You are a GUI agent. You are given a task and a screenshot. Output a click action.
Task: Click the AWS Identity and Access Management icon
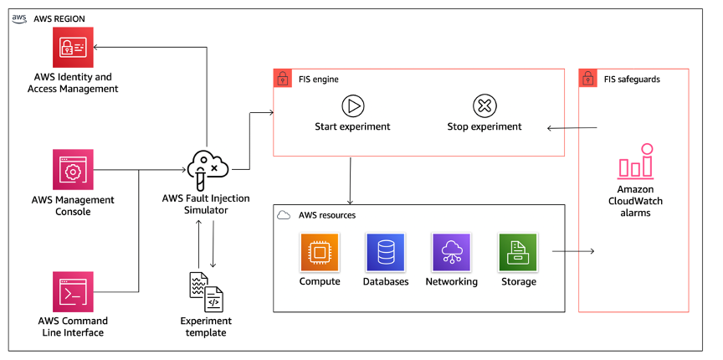73,48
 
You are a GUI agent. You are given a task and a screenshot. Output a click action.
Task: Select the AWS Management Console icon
73,171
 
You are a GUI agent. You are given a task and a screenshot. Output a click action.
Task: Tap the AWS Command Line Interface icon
73,292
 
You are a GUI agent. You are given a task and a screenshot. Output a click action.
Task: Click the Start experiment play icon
352,105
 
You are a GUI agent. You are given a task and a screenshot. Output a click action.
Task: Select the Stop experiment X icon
484,105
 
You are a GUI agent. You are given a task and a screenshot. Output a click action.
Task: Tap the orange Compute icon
320,252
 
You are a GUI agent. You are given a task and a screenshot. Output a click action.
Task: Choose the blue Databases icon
385,252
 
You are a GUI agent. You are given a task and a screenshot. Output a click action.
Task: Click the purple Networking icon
451,252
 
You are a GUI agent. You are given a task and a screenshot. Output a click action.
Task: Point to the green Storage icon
517,252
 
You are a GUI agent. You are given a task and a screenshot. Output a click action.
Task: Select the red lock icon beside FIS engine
282,79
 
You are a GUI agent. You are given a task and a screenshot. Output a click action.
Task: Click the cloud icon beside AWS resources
284,215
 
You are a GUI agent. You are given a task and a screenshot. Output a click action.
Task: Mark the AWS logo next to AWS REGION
18,18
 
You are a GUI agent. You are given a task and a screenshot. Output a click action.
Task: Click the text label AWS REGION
59,18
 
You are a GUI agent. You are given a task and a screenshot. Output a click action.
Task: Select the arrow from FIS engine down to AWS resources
350,179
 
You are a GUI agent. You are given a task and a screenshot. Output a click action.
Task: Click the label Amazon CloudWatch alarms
634,201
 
